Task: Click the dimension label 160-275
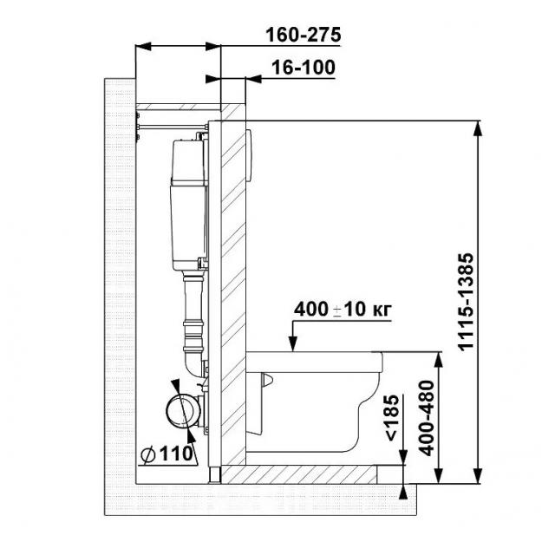pyautogui.click(x=304, y=35)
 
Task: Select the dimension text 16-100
pyautogui.click(x=304, y=68)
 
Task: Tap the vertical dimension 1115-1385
pyautogui.click(x=466, y=302)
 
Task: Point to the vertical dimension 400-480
pyautogui.click(x=427, y=418)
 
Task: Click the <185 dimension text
pyautogui.click(x=392, y=418)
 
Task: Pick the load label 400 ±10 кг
pyautogui.click(x=343, y=310)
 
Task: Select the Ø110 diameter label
pyautogui.click(x=167, y=454)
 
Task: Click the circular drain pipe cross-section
pyautogui.click(x=183, y=410)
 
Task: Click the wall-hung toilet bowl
pyautogui.click(x=313, y=402)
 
